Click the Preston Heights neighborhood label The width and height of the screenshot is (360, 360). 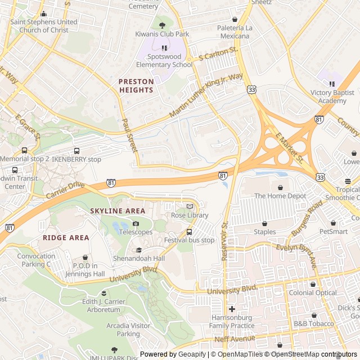[136, 85]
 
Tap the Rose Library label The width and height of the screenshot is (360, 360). [190, 215]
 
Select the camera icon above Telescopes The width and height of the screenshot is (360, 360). [136, 224]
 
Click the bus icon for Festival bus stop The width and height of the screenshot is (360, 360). [189, 232]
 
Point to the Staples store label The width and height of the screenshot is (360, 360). [264, 232]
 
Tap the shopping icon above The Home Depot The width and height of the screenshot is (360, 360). [280, 187]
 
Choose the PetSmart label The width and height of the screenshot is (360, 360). [334, 231]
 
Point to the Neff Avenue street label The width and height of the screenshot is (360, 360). [235, 340]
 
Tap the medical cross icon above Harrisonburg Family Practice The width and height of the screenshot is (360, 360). [232, 309]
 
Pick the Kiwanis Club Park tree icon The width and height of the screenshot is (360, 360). [163, 25]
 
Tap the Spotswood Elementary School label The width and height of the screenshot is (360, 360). [164, 61]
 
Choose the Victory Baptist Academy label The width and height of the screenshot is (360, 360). [332, 97]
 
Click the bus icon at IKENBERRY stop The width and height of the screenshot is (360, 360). [76, 151]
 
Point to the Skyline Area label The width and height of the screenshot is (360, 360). [117, 210]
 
